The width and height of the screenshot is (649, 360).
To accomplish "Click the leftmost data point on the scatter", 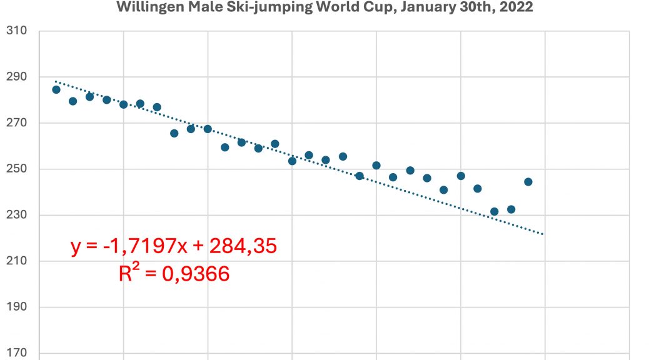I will click(56, 89).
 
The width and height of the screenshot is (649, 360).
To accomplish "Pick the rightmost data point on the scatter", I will click(528, 182).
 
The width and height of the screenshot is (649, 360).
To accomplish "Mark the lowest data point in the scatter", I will click(495, 211).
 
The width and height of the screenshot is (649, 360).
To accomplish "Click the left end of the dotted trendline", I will click(56, 81).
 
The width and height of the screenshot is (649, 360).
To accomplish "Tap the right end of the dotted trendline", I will click(544, 234).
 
